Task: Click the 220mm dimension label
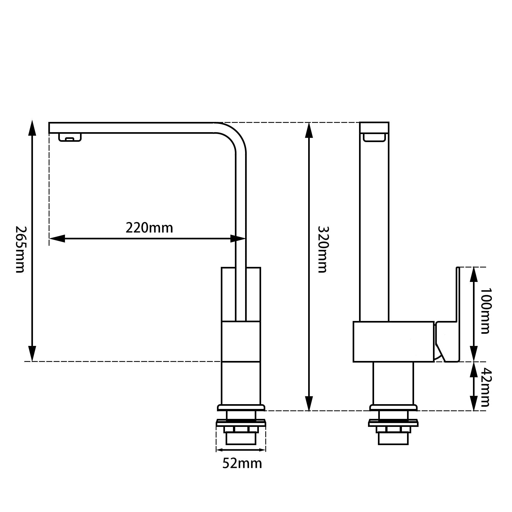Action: point(149,228)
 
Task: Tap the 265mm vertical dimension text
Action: point(20,250)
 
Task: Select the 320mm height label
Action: point(322,250)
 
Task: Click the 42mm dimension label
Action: point(485,388)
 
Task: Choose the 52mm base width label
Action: point(242,463)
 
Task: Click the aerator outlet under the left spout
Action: point(70,138)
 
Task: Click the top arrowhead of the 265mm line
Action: point(32,128)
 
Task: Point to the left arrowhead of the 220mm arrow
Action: point(57,238)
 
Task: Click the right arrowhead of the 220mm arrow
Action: point(238,238)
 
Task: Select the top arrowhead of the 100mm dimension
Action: point(474,275)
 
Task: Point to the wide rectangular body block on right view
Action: point(393,341)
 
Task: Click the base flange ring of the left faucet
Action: point(241,408)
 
